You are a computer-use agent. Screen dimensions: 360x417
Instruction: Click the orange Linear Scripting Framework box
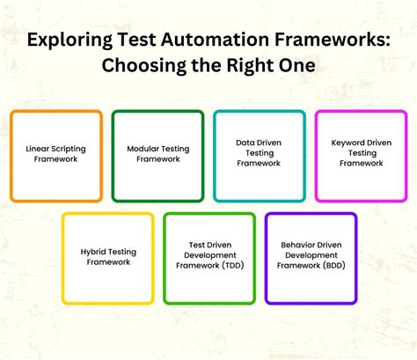56,156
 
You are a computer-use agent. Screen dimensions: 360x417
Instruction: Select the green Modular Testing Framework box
157,156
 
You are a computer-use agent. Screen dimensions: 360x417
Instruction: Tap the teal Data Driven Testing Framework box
260,156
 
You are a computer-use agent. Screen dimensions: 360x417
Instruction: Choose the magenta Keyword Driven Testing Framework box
361,156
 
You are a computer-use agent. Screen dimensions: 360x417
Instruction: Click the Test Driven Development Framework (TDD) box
209,258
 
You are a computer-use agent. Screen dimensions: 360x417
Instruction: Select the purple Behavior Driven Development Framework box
311,258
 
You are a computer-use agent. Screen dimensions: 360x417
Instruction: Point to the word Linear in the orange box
37,150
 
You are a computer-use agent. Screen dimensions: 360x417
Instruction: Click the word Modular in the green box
142,150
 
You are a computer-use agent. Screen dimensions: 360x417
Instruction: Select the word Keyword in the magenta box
347,141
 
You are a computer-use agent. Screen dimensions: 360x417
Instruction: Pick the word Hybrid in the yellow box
94,252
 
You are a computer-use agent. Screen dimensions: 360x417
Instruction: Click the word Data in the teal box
245,141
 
